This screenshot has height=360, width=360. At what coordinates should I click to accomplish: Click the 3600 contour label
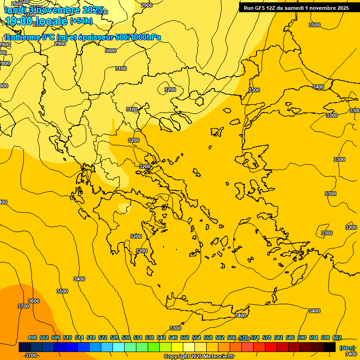34,301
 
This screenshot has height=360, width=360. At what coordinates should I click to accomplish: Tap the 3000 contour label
111,51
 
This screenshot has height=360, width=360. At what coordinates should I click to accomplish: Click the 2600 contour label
16,4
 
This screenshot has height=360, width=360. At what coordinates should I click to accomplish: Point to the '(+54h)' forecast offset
81,21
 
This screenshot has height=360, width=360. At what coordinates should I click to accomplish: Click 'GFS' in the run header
259,8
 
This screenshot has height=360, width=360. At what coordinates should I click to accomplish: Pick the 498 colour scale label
32,337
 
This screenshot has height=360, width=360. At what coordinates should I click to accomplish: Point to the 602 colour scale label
337,337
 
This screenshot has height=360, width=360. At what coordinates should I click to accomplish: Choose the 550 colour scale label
185,337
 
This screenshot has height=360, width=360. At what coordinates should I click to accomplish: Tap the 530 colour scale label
126,337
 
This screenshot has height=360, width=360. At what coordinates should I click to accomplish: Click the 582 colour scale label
278,337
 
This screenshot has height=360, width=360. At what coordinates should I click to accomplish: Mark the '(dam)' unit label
347,347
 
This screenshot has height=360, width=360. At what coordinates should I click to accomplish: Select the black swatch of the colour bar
330,347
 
